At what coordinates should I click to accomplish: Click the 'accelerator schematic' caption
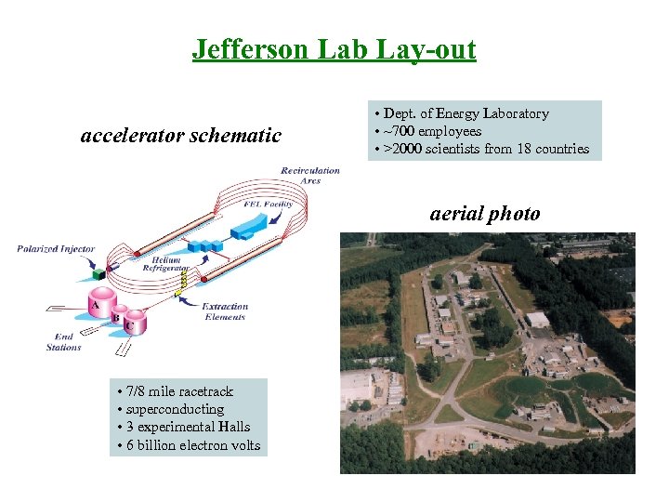pyautogui.click(x=181, y=136)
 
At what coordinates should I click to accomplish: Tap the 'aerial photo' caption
pyautogui.click(x=484, y=213)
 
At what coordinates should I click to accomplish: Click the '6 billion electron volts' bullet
pyautogui.click(x=189, y=445)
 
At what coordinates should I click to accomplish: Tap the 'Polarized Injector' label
pyautogui.click(x=56, y=249)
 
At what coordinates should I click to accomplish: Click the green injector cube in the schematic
pyautogui.click(x=98, y=274)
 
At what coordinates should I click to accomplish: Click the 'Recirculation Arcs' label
pyautogui.click(x=301, y=175)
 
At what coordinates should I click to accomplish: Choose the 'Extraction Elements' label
pyautogui.click(x=225, y=311)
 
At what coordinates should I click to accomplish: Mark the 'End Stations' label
pyautogui.click(x=63, y=342)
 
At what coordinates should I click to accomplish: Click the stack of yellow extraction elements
pyautogui.click(x=184, y=277)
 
